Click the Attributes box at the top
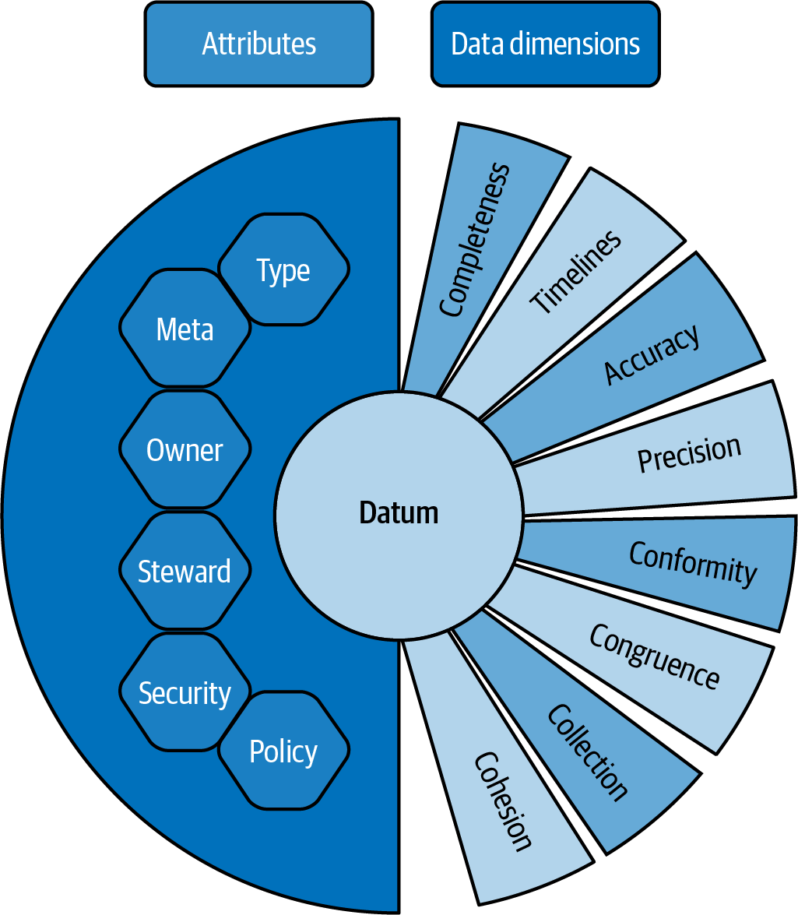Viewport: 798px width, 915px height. pyautogui.click(x=258, y=44)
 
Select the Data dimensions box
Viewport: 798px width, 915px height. pyautogui.click(x=546, y=44)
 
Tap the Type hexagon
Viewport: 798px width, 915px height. pyautogui.click(x=283, y=270)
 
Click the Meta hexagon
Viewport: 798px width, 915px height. pyautogui.click(x=185, y=329)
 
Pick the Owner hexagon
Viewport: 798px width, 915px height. pyautogui.click(x=185, y=450)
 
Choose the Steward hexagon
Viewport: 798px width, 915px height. pyautogui.click(x=185, y=572)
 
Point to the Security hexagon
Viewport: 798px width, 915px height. pyautogui.click(x=185, y=692)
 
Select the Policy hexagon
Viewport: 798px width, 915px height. pyautogui.click(x=283, y=751)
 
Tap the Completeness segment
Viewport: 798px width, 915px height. pyautogui.click(x=476, y=241)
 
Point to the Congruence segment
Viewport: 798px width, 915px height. pyautogui.click(x=654, y=658)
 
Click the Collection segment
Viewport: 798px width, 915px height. pyautogui.click(x=589, y=751)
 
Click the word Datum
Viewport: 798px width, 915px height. pyautogui.click(x=399, y=513)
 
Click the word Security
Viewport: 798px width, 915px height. pyautogui.click(x=185, y=692)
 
